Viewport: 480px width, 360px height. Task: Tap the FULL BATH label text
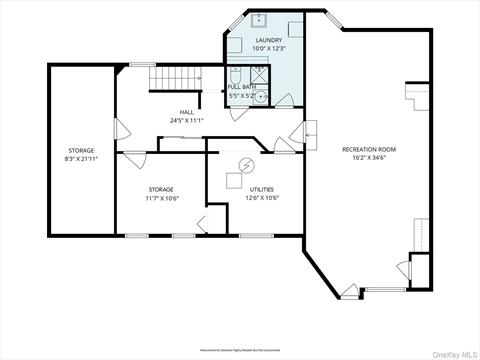coord(241,87)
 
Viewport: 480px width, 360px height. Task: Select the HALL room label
coord(187,112)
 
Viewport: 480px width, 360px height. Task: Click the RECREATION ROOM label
coord(374,149)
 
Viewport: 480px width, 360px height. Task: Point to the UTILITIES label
coord(262,189)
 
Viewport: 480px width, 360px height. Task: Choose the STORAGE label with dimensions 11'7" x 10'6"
coord(161,189)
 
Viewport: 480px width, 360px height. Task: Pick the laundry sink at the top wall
coord(257,18)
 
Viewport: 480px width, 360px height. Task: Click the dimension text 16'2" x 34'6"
coord(374,158)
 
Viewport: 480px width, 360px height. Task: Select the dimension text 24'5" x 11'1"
coord(187,121)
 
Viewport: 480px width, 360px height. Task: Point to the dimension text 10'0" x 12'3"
coord(269,49)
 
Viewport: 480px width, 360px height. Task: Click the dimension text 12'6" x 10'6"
coord(262,198)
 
